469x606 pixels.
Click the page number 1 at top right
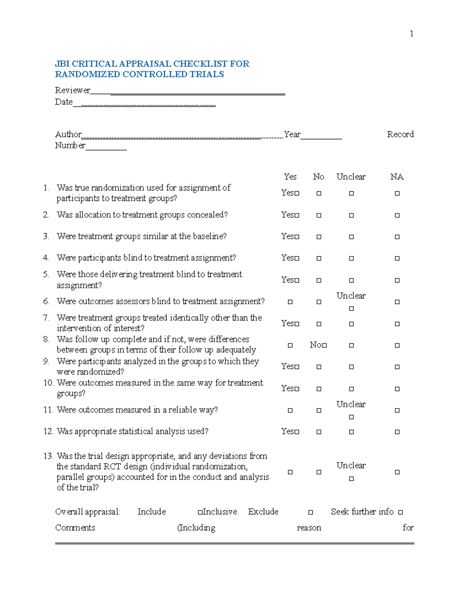[x=412, y=34]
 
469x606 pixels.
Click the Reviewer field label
[x=72, y=90]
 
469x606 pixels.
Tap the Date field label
[x=64, y=102]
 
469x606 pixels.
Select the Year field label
[x=292, y=134]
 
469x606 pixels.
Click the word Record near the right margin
[x=400, y=134]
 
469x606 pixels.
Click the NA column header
[x=397, y=177]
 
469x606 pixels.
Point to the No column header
[x=319, y=177]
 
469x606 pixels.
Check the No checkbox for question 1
[x=319, y=193]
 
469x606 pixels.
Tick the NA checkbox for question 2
[x=397, y=215]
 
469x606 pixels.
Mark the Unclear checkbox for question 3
[x=351, y=237]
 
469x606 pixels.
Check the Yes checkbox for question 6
[x=290, y=302]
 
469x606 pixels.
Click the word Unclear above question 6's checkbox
[x=351, y=296]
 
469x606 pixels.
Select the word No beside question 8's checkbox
[x=315, y=345]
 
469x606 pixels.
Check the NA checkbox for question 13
[x=397, y=472]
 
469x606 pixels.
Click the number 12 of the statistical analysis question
[x=48, y=431]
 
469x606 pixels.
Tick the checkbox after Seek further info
[x=401, y=512]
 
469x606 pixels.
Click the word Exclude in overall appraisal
[x=263, y=512]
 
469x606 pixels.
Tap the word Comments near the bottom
[x=75, y=528]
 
